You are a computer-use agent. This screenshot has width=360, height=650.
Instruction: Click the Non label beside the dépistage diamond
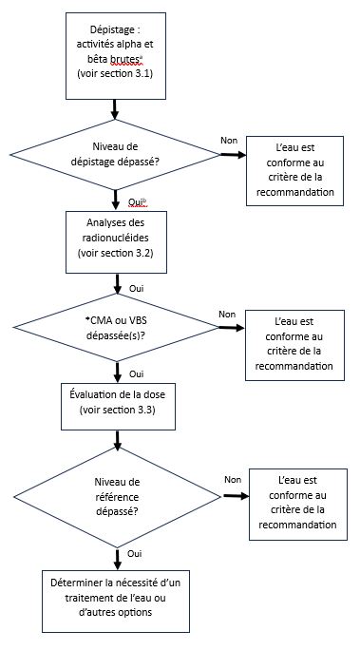pos(229,140)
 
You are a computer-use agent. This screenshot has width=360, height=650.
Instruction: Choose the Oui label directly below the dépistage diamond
pos(134,202)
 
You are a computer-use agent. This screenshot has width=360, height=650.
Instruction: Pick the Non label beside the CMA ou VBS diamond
pos(226,314)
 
